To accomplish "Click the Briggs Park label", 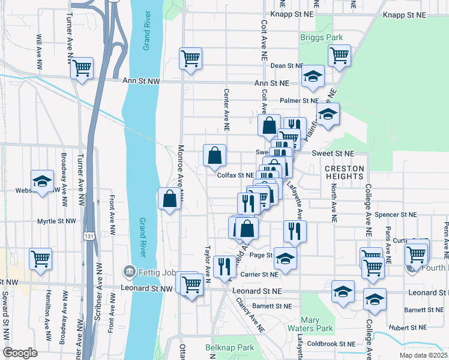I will [321, 37].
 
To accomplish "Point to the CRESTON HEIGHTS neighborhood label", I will [345, 172].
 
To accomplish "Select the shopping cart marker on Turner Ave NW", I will [81, 68].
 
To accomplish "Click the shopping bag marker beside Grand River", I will [170, 199].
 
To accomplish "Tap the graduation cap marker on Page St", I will [285, 258].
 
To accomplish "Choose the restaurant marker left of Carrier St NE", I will [224, 266].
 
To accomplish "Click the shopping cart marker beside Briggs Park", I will [340, 55].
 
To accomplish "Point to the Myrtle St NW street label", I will [56, 221].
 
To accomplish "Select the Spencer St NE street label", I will [395, 214].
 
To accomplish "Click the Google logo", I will [20, 353].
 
